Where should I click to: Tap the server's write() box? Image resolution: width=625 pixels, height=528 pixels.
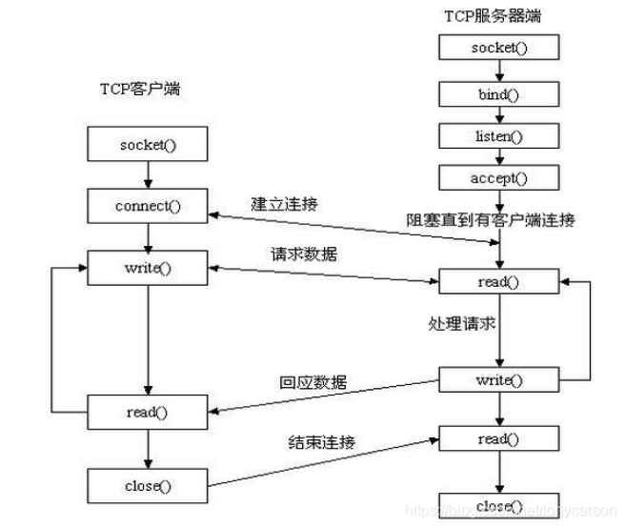(495, 378)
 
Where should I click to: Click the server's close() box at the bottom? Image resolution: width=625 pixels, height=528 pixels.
(495, 504)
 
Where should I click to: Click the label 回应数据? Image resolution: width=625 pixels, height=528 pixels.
(313, 382)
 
